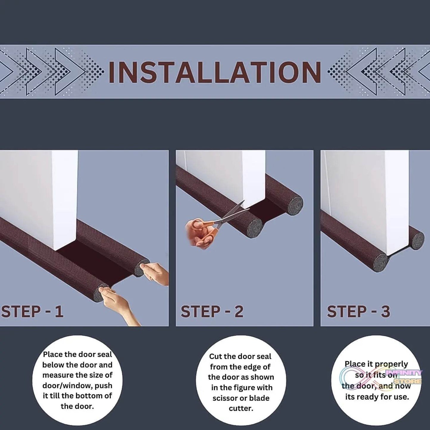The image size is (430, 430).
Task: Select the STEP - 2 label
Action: coord(212,312)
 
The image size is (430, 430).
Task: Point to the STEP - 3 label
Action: coord(358,312)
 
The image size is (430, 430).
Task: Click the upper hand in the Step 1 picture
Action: coord(156,272)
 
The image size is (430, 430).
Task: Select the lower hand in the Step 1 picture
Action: coord(118,304)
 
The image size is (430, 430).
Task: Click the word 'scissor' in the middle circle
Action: coord(225,398)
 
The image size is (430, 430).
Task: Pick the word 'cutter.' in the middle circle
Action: coord(241,408)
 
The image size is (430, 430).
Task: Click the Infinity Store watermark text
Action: coord(404,377)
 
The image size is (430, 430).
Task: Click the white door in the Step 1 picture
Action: coord(39,193)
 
